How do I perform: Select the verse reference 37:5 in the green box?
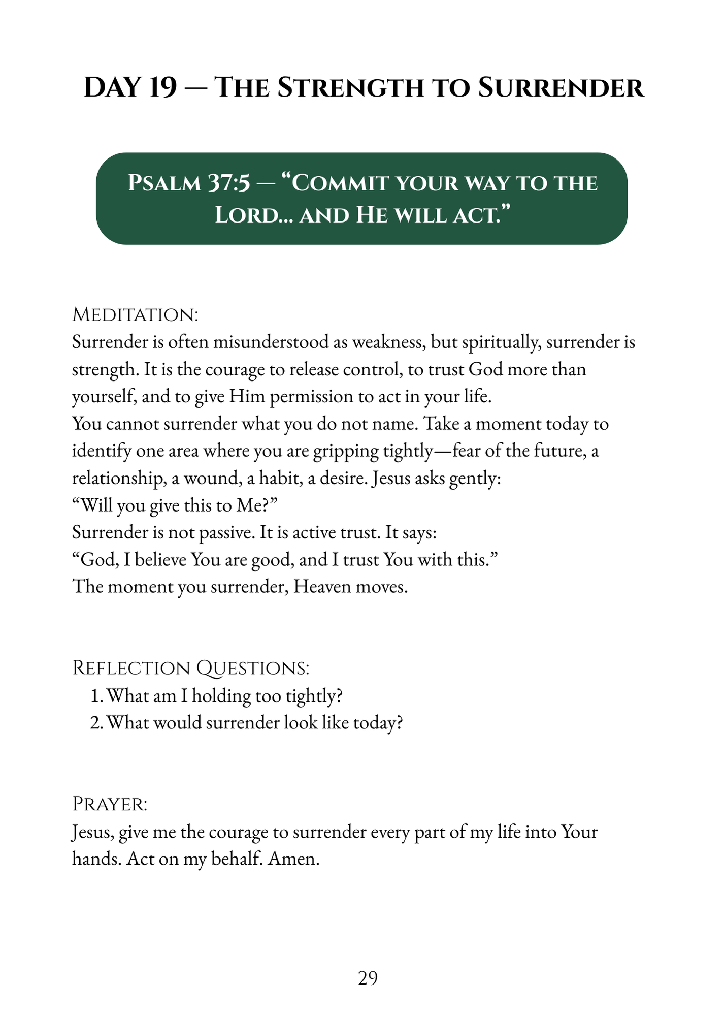tap(229, 183)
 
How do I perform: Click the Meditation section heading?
tap(135, 314)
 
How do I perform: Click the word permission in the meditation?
tap(311, 396)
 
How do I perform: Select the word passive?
tap(224, 532)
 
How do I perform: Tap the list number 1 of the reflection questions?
tap(96, 695)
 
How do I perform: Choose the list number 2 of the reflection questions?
tap(96, 722)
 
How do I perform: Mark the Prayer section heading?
tap(110, 804)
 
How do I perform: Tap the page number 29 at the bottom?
tap(368, 978)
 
